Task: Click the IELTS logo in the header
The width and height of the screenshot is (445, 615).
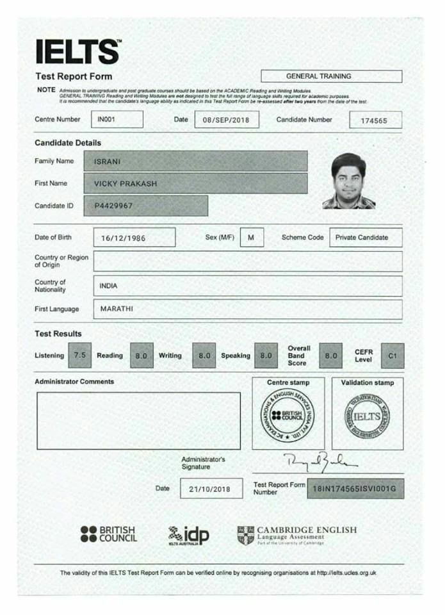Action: (x=77, y=52)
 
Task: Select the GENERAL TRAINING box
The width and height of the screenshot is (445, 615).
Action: (x=331, y=76)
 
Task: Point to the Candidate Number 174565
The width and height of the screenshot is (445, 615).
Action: (x=375, y=120)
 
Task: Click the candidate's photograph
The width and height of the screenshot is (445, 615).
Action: (x=349, y=181)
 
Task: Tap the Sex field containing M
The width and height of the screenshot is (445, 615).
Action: (x=251, y=237)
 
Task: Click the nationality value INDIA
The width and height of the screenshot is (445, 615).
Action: (x=109, y=286)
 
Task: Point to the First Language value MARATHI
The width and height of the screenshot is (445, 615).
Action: (x=117, y=309)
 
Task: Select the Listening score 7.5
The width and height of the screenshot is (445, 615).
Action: (x=79, y=355)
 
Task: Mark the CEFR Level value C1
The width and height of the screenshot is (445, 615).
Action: (x=392, y=355)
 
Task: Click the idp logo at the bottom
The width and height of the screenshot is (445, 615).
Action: (x=189, y=535)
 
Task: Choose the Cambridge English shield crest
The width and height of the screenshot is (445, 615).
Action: (x=245, y=535)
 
